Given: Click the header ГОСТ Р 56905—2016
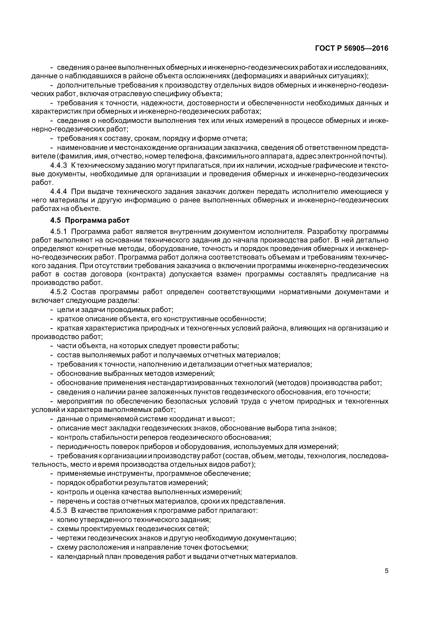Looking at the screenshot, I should click(x=352, y=48).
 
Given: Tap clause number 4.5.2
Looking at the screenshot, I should click(x=59, y=292).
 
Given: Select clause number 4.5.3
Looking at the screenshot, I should click(x=59, y=510).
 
